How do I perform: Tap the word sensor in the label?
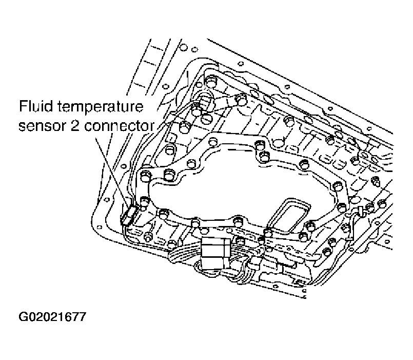click(x=40, y=125)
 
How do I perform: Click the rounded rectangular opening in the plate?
click(x=290, y=214)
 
